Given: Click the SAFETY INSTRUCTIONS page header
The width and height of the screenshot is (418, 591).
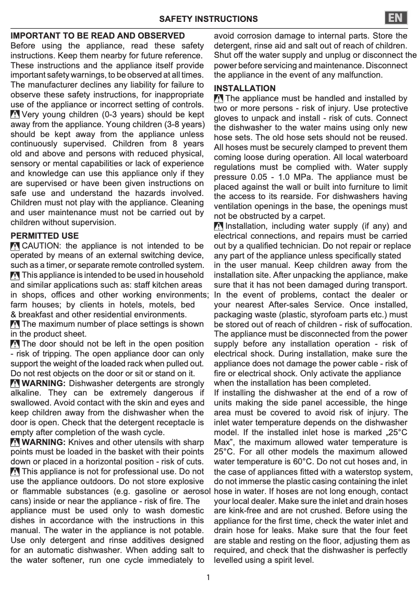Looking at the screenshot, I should click(x=208, y=19).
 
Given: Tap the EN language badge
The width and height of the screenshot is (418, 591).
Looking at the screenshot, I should click(x=397, y=18).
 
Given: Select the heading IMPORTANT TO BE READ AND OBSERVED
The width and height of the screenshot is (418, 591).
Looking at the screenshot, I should click(x=97, y=36).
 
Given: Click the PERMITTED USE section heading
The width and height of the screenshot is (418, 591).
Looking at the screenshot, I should click(x=45, y=236).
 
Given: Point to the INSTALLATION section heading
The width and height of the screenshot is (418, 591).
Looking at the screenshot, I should click(x=245, y=89).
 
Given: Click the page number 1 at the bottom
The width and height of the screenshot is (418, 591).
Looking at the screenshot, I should click(x=208, y=577).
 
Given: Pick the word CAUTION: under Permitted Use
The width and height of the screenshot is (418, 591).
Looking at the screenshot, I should click(x=42, y=246).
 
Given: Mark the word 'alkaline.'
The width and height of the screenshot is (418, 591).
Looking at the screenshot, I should click(x=26, y=393).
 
